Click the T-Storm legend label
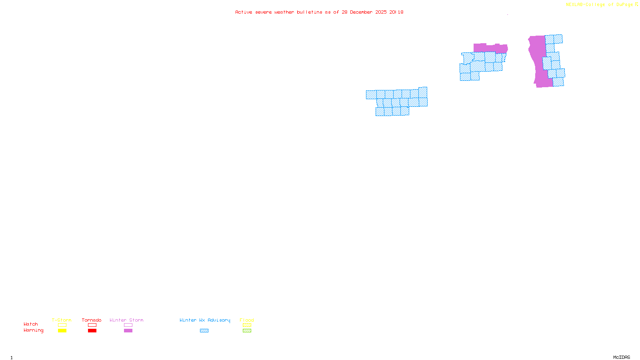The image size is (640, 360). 62,320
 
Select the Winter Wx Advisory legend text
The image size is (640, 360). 205,320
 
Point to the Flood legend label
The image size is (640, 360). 247,320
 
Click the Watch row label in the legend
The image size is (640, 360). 31,324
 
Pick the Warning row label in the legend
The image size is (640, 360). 34,330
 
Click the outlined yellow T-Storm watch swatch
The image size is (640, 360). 62,325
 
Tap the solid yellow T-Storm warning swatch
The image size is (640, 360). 62,331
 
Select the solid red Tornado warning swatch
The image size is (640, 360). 92,331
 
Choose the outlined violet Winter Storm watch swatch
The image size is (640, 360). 128,325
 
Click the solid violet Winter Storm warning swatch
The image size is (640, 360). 128,331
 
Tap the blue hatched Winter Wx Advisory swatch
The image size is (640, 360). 204,331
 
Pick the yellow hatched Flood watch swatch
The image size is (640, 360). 247,325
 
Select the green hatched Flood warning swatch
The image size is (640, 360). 247,331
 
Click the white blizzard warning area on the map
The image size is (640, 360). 398,74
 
